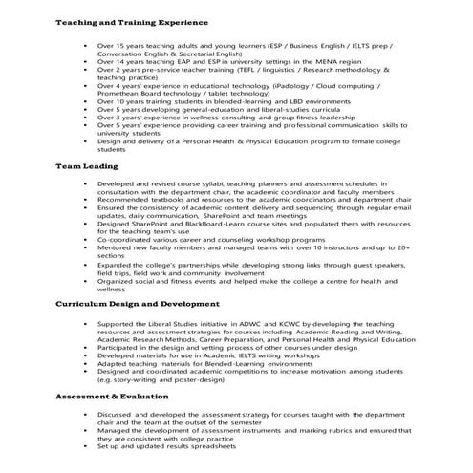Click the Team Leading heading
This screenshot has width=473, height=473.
[87, 165]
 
